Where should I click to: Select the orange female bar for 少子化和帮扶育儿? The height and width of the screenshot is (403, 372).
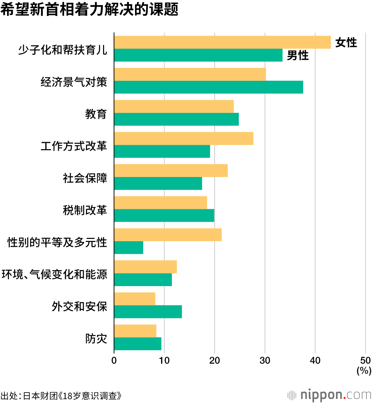click(222, 42)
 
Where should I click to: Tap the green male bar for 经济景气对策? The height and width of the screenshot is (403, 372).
click(208, 87)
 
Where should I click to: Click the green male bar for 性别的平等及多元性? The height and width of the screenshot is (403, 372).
click(129, 248)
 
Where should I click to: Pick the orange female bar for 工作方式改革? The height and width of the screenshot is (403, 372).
click(183, 138)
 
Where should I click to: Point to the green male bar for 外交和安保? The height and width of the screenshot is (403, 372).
click(148, 312)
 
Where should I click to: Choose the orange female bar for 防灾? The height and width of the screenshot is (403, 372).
click(135, 331)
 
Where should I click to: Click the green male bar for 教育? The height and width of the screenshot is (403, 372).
click(176, 119)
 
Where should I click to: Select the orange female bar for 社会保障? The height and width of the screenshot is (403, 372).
click(171, 171)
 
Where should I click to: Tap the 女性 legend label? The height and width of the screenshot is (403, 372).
click(346, 43)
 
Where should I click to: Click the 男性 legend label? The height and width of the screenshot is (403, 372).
click(298, 56)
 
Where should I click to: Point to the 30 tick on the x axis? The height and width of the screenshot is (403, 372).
click(265, 360)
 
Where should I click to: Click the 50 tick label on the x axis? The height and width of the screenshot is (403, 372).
click(365, 360)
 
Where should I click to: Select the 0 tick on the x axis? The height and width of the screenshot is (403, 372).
click(114, 360)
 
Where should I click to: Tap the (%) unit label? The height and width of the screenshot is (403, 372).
click(364, 370)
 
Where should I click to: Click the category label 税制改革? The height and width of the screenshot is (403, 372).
click(85, 211)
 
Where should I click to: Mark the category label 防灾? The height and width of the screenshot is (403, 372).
click(96, 339)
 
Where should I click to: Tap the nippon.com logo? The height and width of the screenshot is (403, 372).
click(330, 394)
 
